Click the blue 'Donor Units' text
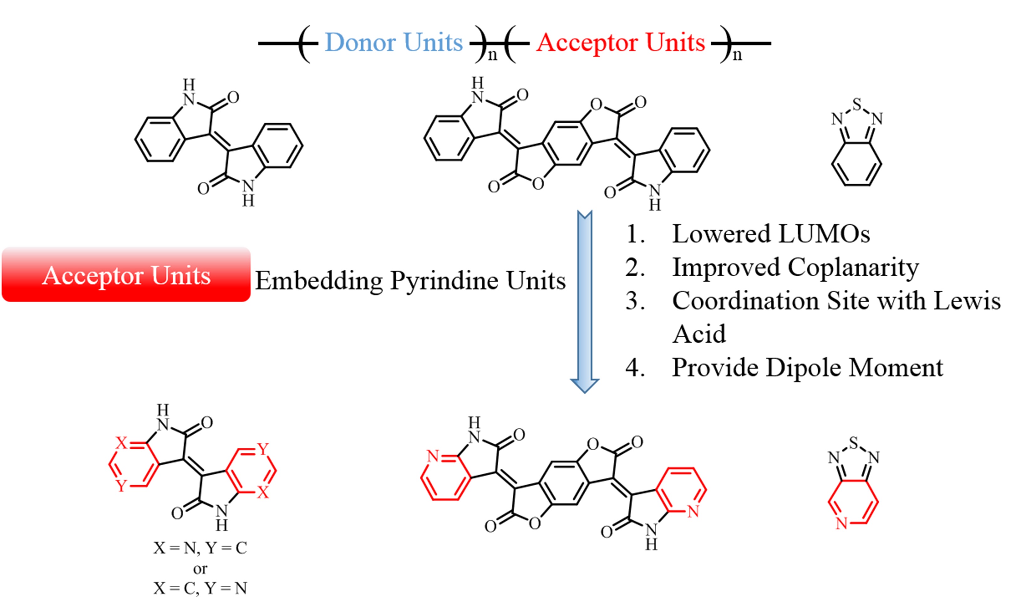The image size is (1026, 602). [393, 42]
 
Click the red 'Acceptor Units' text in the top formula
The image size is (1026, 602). [620, 42]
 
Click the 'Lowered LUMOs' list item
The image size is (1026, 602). [770, 234]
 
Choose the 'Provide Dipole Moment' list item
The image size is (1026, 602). [807, 367]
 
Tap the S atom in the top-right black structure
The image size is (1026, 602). [857, 105]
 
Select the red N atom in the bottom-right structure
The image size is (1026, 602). [841, 523]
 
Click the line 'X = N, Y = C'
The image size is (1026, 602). [200, 548]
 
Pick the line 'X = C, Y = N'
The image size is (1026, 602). [200, 588]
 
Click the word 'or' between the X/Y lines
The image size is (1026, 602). [200, 568]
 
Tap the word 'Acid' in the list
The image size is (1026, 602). [699, 335]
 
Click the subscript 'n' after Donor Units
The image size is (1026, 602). [492, 55]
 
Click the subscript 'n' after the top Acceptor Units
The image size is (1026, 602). [737, 55]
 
